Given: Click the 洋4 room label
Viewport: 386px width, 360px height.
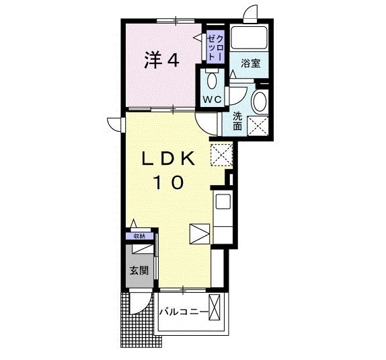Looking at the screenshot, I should [160, 61].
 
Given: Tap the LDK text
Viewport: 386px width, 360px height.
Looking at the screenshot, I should [168, 159].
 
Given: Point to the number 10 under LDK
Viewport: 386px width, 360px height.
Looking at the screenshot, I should [168, 182].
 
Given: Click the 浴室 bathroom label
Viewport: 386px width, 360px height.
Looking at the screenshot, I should [252, 64].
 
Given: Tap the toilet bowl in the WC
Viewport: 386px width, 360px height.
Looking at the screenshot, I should [213, 82].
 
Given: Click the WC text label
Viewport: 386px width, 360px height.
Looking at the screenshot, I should [213, 100].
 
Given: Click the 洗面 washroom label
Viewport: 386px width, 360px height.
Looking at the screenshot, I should [237, 120].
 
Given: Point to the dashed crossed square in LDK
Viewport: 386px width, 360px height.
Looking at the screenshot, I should [220, 155].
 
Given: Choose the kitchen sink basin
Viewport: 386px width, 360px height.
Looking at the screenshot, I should [222, 201].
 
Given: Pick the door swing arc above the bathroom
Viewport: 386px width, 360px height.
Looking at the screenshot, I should [250, 13].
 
